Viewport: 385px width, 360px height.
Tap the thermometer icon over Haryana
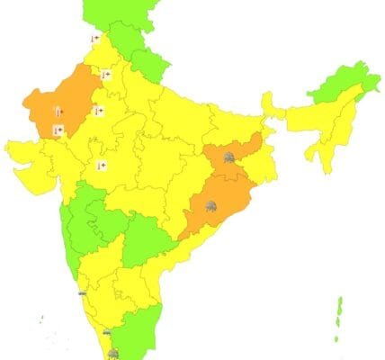point(105,75)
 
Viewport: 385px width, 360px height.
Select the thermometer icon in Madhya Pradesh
point(102,166)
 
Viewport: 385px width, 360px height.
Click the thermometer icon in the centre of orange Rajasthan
point(58,112)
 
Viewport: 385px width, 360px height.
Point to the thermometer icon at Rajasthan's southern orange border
point(58,130)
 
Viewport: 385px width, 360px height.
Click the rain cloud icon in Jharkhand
point(229,158)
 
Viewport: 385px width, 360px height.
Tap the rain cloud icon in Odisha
point(210,206)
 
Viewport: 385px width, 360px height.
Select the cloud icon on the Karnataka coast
point(83,292)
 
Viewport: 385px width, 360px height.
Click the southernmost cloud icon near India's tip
point(113,354)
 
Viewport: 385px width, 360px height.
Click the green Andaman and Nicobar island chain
point(339,319)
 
